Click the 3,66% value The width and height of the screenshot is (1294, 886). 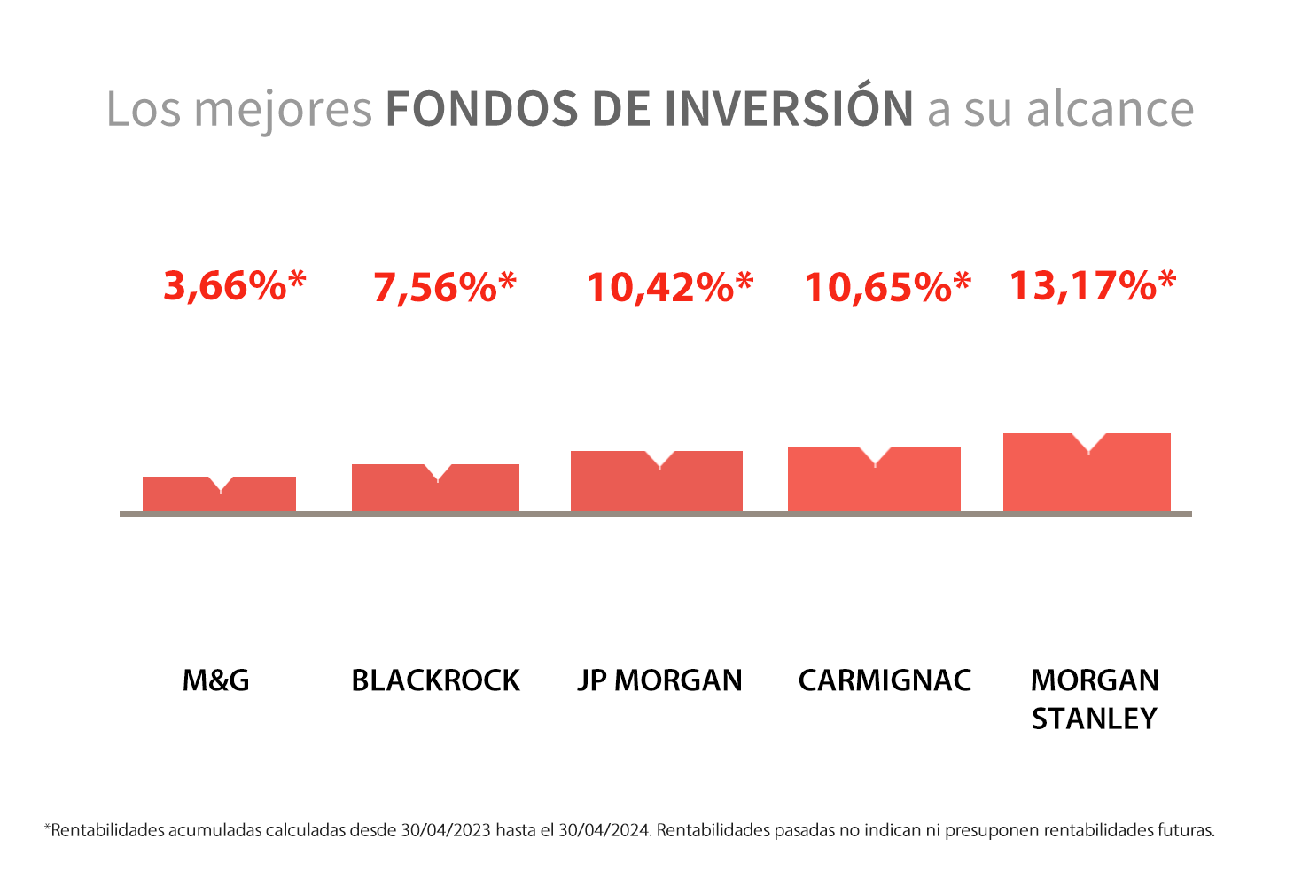235,285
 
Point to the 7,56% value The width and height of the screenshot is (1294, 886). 444,287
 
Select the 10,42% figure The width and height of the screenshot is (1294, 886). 670,287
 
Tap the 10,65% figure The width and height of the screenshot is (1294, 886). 888,287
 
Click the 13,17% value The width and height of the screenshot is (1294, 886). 1093,285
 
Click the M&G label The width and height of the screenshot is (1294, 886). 216,680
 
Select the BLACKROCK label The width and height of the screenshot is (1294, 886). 435,680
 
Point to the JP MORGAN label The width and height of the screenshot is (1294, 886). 659,680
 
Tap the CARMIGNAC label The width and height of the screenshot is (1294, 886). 885,680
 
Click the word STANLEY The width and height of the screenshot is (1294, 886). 1094,719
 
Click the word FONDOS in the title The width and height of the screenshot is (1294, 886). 482,109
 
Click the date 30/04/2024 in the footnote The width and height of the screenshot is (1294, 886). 604,830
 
